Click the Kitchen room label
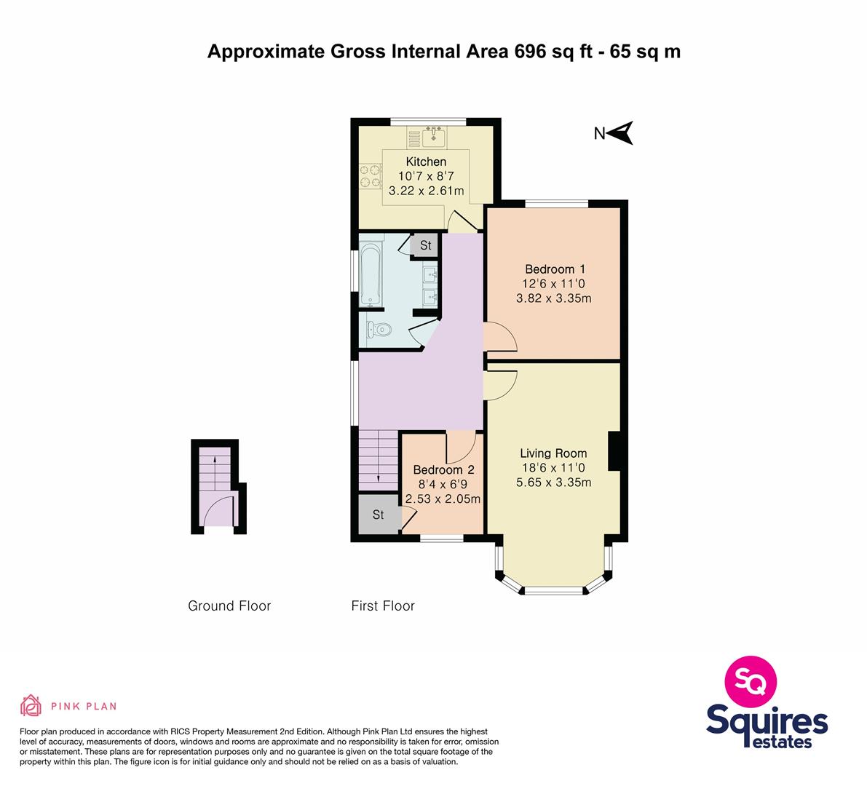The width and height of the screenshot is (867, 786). click(426, 162)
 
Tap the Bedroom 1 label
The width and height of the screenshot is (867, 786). click(555, 269)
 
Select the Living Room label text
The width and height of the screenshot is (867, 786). click(553, 453)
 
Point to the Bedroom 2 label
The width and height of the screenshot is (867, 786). click(443, 470)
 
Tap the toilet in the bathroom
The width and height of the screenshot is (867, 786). click(379, 330)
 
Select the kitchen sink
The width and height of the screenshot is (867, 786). click(434, 137)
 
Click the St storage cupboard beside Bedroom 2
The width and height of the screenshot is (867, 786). click(379, 515)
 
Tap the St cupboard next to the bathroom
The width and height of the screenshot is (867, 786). click(425, 245)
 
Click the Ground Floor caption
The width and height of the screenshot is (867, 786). click(229, 606)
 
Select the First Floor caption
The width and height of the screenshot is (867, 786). click(383, 606)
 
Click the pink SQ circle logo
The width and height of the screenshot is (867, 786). click(751, 681)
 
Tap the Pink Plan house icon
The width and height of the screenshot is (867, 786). click(31, 705)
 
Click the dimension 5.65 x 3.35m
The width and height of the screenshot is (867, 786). click(553, 483)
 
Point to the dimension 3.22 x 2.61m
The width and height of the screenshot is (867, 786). click(427, 191)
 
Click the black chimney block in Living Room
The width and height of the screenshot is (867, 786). click(614, 451)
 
